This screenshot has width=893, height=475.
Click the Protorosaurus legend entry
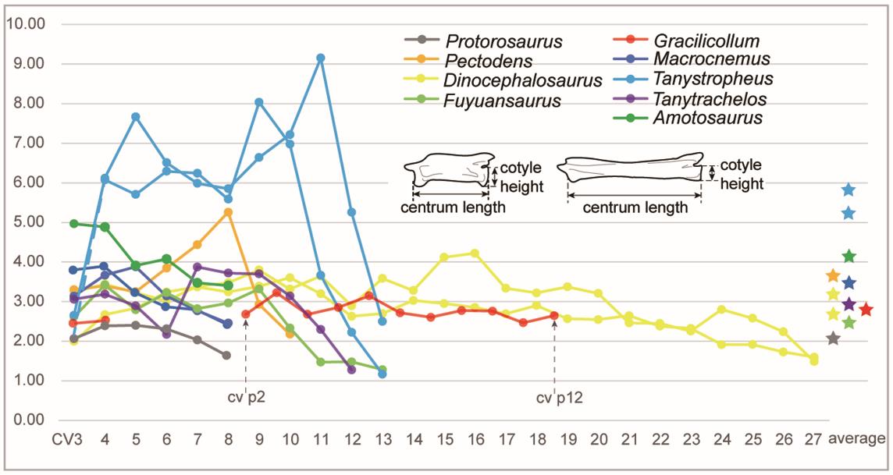coord(499,41)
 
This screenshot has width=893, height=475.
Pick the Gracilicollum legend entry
coord(706,41)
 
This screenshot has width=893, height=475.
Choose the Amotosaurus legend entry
coord(708,118)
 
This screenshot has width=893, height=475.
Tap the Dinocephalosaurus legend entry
coord(521,80)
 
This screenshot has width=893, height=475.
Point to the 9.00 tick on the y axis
coord(26,63)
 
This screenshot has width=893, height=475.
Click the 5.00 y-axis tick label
coord(26,222)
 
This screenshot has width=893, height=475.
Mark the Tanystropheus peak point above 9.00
coord(321,58)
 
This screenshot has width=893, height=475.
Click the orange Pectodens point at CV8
coord(227,212)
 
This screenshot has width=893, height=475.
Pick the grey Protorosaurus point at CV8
coord(226,355)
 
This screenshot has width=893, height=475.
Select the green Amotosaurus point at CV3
coord(74,223)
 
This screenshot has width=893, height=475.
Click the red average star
coord(866,310)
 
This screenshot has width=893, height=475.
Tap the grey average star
coord(834,339)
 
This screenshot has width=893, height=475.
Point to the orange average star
coord(834,276)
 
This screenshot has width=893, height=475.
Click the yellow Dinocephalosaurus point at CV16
coord(475,253)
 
